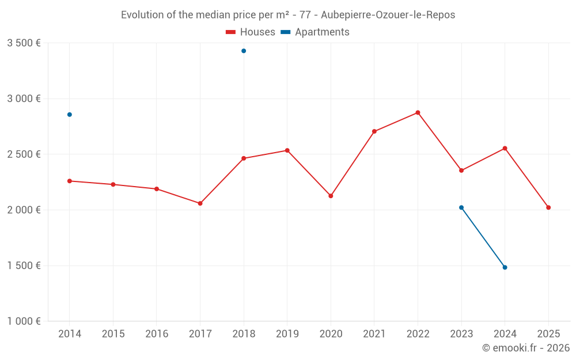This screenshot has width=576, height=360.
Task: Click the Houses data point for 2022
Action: coord(418,112)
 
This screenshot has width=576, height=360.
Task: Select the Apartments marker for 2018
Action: coord(244,51)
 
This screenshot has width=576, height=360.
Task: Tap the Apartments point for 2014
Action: coord(70,115)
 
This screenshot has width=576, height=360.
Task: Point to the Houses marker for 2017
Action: coord(200,203)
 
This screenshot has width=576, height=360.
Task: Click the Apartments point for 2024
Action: coord(505,267)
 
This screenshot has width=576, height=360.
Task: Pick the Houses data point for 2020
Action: coord(331,196)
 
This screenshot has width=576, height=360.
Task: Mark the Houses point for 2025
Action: coord(548,207)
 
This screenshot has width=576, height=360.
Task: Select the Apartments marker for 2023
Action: coord(461,207)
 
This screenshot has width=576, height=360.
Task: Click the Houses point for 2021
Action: coord(374,131)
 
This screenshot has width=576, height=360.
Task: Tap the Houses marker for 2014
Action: coord(70,181)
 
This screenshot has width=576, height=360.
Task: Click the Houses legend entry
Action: coord(251,32)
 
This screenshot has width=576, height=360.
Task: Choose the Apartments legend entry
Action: coord(315,32)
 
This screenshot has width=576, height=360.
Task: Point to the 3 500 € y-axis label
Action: coord(24,43)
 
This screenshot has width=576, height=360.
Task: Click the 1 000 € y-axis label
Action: coord(24,321)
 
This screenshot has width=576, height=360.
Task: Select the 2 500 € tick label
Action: coord(24,154)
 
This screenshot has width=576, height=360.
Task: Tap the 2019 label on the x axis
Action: coord(287,334)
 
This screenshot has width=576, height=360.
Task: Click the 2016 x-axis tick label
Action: coord(157,334)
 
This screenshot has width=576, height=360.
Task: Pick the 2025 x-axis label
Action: coord(548,334)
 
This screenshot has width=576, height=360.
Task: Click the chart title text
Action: coord(288,15)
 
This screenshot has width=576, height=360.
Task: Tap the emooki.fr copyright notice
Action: coord(526,348)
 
